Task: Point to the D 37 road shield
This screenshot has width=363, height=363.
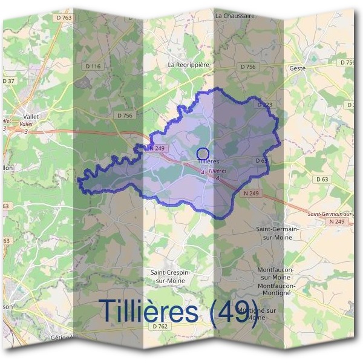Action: (x=8, y=80)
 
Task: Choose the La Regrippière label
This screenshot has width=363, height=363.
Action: (x=188, y=63)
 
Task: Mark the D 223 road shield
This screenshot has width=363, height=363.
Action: (x=264, y=105)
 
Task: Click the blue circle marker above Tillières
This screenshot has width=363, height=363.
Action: (x=203, y=154)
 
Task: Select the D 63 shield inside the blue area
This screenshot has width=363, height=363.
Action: (x=261, y=161)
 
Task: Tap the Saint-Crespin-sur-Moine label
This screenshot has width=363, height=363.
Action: (x=170, y=276)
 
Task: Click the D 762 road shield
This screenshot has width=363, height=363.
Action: (x=159, y=326)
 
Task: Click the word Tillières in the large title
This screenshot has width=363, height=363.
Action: (x=148, y=310)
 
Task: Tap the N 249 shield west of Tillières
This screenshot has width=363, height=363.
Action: (x=156, y=148)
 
